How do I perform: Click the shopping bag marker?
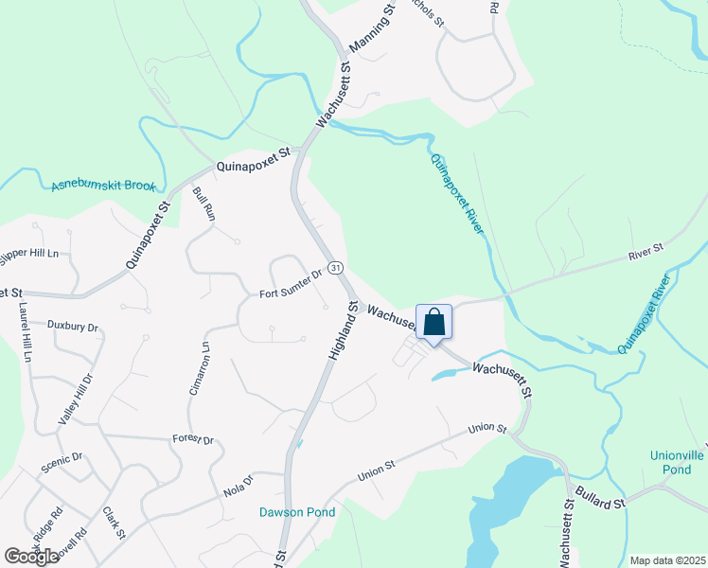[434, 323]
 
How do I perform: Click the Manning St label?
[370, 28]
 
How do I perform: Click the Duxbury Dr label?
[73, 327]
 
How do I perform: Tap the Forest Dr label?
[193, 440]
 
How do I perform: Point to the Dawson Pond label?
[297, 512]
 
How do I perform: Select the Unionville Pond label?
[677, 462]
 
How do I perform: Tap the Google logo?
[31, 557]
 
